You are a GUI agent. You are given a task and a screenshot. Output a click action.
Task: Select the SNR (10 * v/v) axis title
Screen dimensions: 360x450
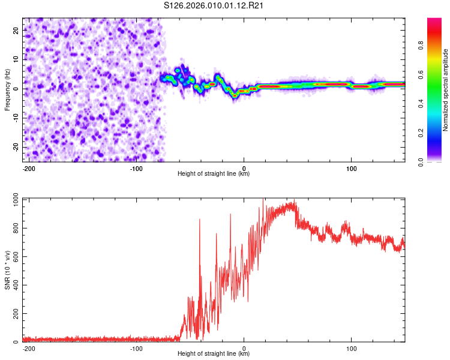point(7,271)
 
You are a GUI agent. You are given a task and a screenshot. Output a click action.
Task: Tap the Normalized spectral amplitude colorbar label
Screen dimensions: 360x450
point(445,91)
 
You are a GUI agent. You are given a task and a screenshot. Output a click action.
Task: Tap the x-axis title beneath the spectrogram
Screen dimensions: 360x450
point(214,174)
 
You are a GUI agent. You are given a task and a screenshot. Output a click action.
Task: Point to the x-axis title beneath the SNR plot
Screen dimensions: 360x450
point(214,354)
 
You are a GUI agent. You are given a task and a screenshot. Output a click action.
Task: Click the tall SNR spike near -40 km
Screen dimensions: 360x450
point(199,221)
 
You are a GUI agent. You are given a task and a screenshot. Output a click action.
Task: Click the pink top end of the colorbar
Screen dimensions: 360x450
point(434,22)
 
